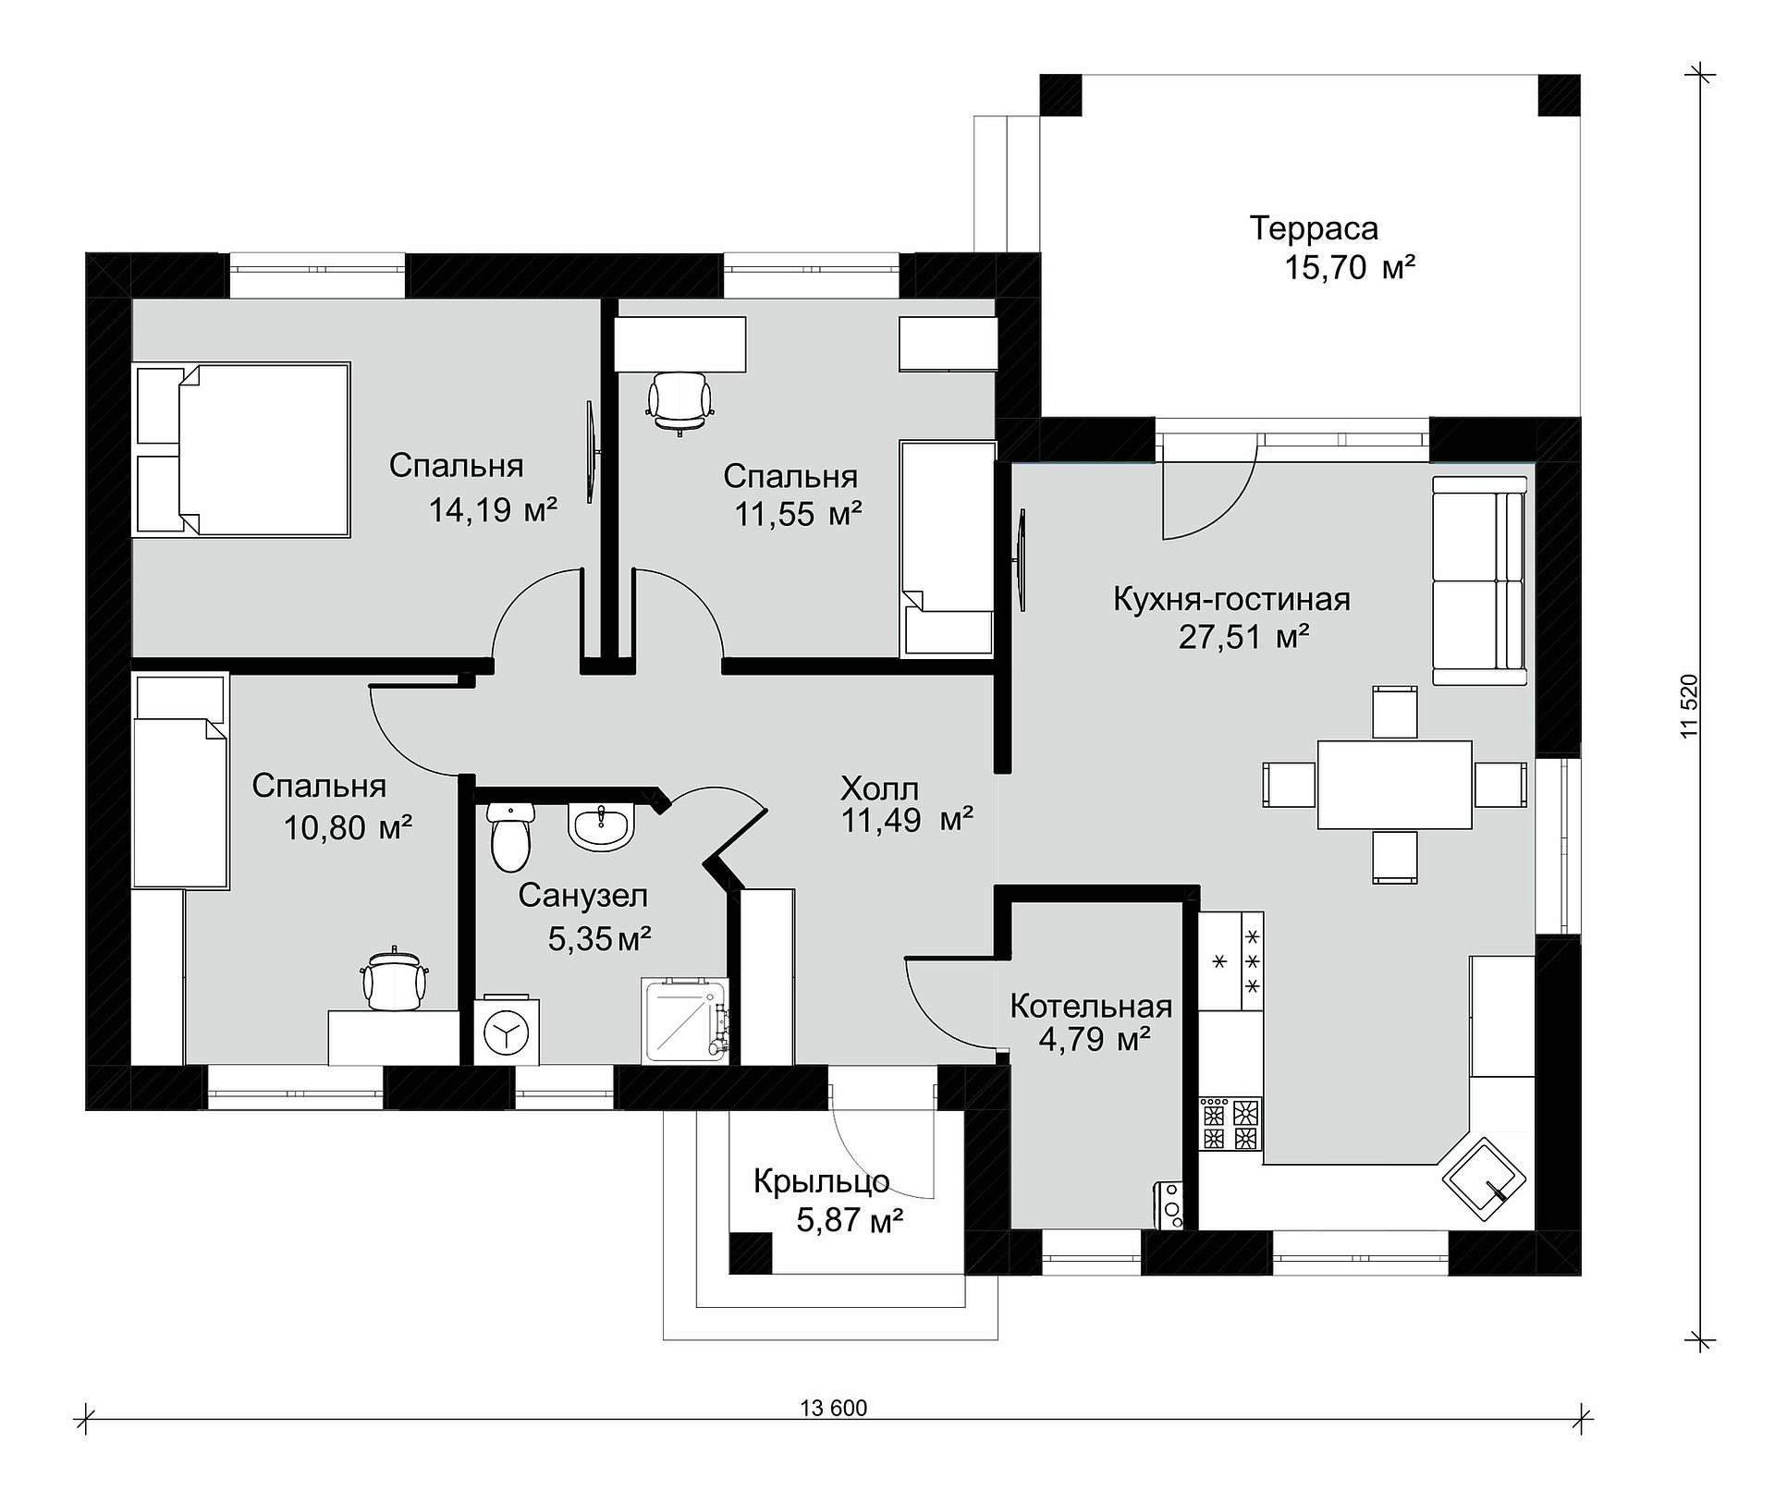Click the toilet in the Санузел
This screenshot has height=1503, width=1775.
(510, 837)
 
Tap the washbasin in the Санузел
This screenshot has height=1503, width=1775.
(601, 826)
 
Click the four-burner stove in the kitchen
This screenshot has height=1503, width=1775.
(1230, 1124)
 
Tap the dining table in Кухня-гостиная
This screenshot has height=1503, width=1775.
(1394, 784)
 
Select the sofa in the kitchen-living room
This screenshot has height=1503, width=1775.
(1479, 580)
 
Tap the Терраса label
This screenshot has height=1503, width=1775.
(1314, 227)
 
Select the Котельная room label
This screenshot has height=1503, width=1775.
(1091, 1006)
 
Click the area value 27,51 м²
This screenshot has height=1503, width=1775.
(1243, 637)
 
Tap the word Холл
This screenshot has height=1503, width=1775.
(879, 788)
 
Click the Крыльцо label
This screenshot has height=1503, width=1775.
(821, 1181)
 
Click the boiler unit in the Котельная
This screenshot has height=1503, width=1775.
(1169, 1206)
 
